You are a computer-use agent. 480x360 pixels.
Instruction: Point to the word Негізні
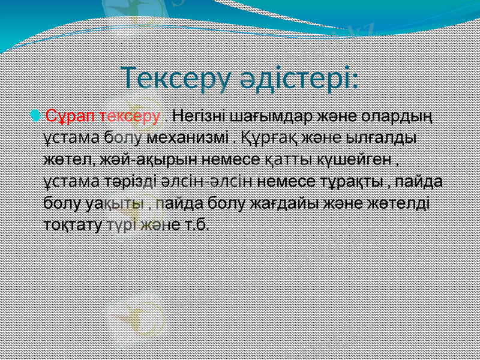click(x=196, y=115)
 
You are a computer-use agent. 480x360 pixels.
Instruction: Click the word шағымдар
click(x=261, y=115)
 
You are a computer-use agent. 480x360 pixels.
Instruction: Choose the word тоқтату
click(x=73, y=224)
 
